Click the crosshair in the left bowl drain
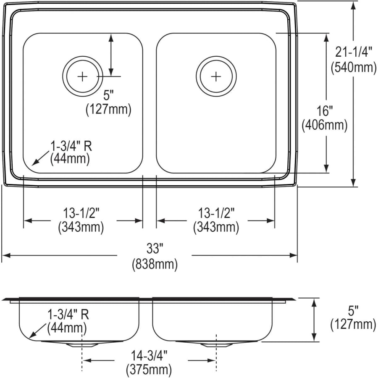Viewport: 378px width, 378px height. pos(83,76)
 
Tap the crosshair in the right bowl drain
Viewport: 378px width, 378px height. pos(216,76)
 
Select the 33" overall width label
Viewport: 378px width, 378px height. pos(155,249)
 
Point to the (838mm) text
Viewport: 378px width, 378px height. pos(155,264)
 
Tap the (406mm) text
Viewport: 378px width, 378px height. pos(325,125)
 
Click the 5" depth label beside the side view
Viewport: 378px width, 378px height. pos(353,310)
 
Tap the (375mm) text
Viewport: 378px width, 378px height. pos(149,370)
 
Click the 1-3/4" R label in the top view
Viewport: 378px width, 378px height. pos(71,146)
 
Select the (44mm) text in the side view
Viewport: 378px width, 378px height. pos(67,327)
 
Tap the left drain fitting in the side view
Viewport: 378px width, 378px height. pos(83,344)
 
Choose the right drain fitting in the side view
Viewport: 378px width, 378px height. pos(216,344)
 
